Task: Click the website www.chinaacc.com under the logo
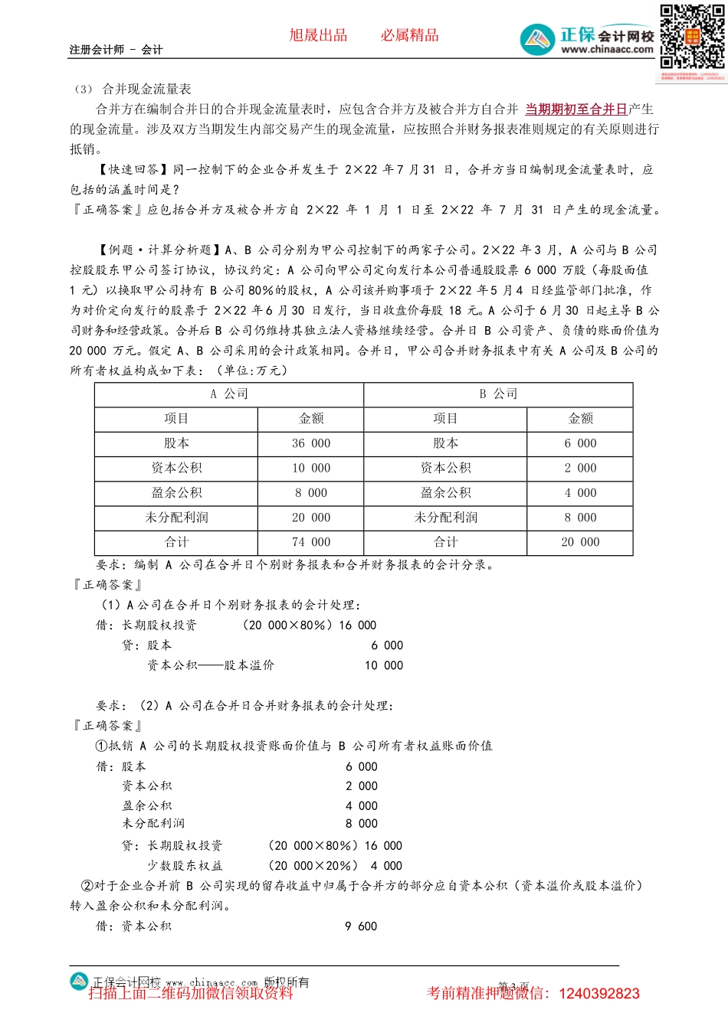(x=607, y=50)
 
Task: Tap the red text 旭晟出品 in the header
(x=318, y=35)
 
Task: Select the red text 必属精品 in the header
(x=410, y=35)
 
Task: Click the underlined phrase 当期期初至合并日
(x=576, y=109)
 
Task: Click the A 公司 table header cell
(x=228, y=394)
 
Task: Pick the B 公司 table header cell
(x=498, y=394)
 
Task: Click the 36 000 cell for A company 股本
(x=310, y=444)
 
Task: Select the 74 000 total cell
(x=310, y=542)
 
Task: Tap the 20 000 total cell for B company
(x=580, y=542)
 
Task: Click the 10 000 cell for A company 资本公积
(x=310, y=469)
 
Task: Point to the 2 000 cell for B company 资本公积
(x=580, y=469)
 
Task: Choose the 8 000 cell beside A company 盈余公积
(x=310, y=493)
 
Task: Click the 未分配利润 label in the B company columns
(x=445, y=518)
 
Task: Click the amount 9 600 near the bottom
(x=361, y=926)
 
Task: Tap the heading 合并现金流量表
(x=146, y=90)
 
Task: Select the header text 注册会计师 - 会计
(x=116, y=50)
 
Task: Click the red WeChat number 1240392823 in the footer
(x=599, y=994)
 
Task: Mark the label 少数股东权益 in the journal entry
(x=185, y=866)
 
